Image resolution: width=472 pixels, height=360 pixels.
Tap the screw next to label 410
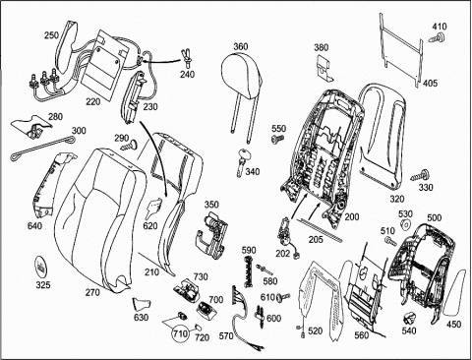[x=438, y=37]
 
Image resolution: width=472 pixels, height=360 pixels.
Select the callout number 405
[x=430, y=83]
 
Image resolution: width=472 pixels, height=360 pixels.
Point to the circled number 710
[x=181, y=333]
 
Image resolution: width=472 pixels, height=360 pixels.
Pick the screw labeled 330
[x=420, y=175]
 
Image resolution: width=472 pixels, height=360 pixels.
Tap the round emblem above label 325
[x=42, y=267]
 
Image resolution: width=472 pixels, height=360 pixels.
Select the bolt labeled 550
[x=278, y=139]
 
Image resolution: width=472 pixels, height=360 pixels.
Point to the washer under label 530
[x=405, y=225]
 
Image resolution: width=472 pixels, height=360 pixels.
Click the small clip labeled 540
[x=409, y=318]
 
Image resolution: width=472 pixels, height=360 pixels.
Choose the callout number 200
[x=352, y=216]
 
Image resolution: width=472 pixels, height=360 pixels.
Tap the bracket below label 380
[x=324, y=67]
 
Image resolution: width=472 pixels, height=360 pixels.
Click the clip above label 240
[x=186, y=57]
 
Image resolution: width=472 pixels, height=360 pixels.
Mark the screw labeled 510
[x=390, y=241]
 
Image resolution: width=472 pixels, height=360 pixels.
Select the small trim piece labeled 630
[x=142, y=304]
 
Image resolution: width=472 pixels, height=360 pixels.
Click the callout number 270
[x=92, y=292]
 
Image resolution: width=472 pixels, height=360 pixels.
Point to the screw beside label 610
[x=283, y=297]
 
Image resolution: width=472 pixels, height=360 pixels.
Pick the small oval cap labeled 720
[x=198, y=327]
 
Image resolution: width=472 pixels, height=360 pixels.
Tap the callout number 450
[x=453, y=325]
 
